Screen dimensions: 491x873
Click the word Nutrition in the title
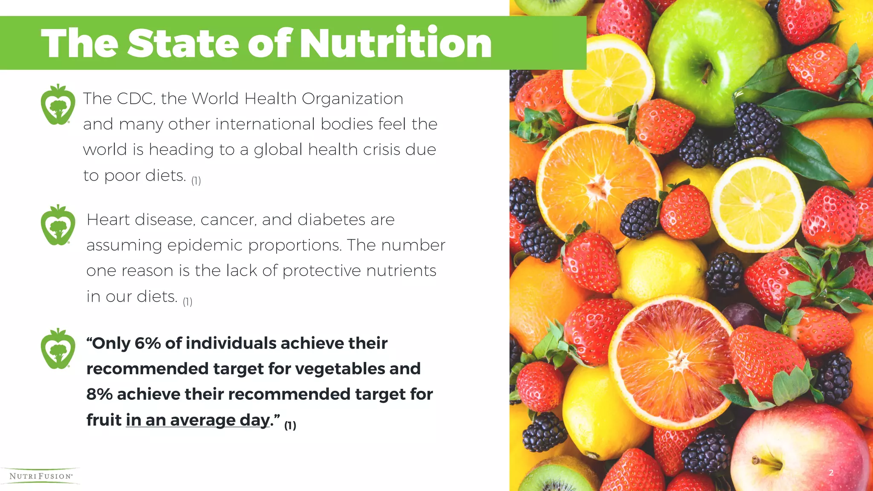[396, 43]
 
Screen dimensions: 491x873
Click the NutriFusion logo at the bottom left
[41, 476]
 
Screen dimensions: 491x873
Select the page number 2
[831, 472]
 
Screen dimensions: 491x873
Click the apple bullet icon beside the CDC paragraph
[58, 105]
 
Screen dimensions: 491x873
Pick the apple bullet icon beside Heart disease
[58, 225]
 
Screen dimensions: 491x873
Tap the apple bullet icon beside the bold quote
[58, 349]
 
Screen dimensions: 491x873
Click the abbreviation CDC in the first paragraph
[135, 99]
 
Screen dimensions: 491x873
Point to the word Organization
[353, 99]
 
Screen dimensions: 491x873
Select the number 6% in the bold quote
[147, 343]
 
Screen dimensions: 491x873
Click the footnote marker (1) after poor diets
[196, 181]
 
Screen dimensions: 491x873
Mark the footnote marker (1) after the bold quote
[290, 425]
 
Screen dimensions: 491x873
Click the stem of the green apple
[706, 73]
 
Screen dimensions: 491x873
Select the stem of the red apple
[766, 461]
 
